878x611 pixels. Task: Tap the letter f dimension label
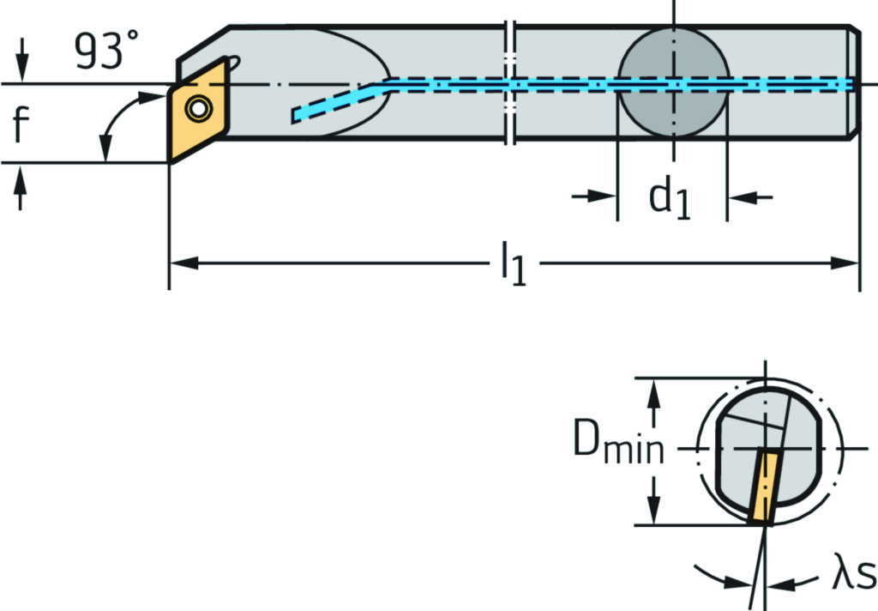tap(21, 124)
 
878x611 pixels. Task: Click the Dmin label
tap(616, 446)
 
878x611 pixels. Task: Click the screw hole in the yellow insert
tap(200, 109)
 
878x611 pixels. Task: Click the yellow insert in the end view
tap(762, 487)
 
